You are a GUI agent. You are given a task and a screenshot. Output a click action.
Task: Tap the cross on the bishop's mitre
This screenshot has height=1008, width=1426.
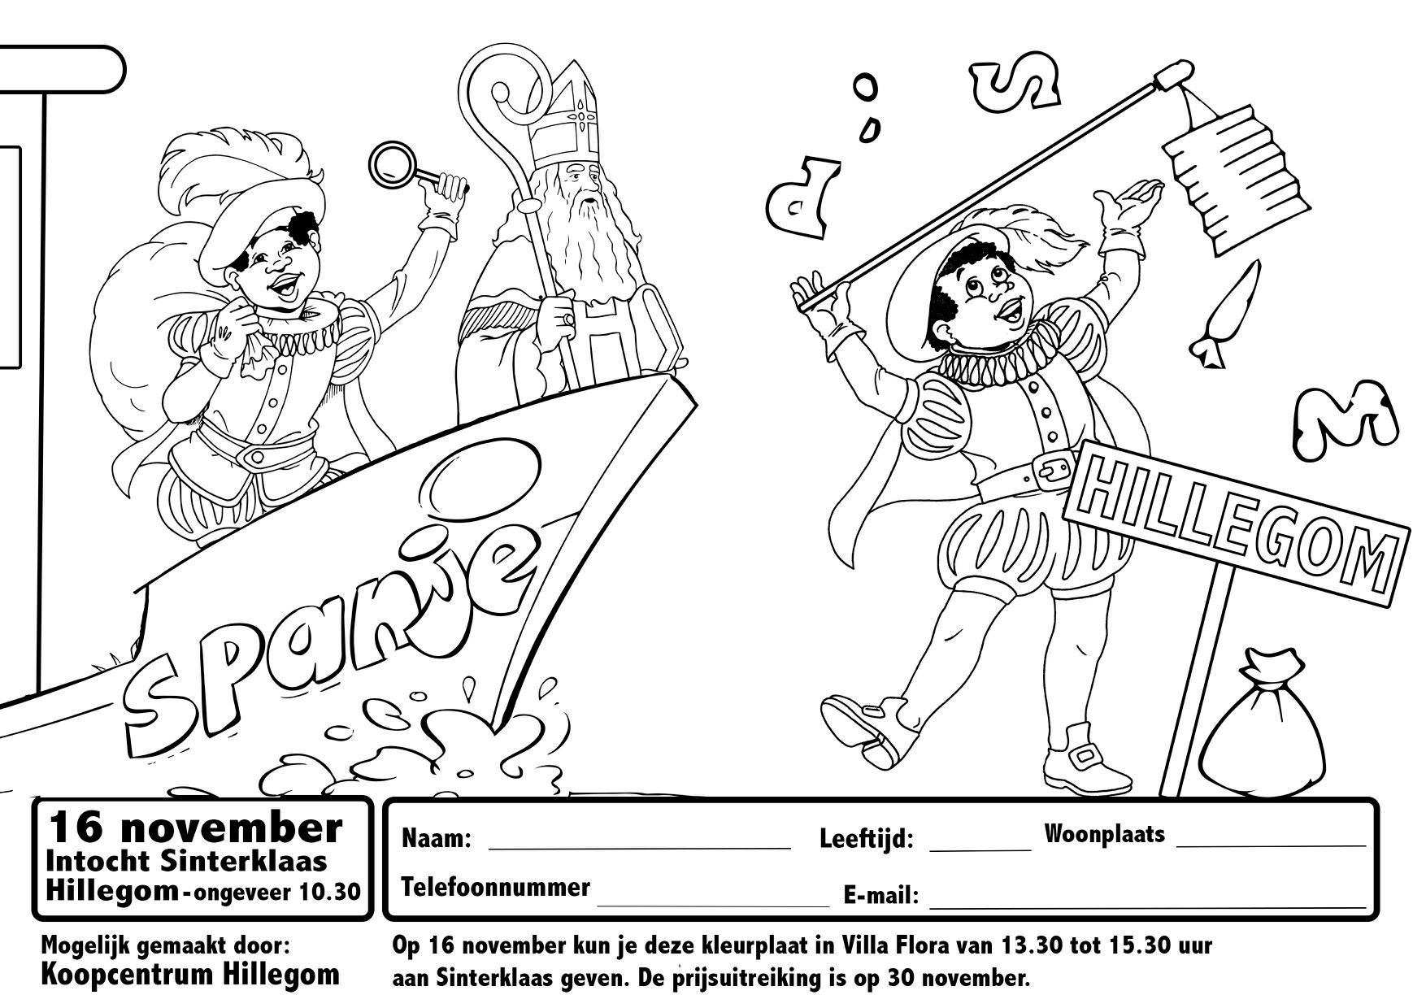click(582, 115)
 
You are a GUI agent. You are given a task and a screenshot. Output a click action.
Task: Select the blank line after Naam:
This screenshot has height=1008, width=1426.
click(639, 848)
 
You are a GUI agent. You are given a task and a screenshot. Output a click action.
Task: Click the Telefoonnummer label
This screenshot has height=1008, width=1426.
click(496, 887)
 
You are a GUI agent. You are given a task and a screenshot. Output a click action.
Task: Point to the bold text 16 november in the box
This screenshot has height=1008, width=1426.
click(196, 828)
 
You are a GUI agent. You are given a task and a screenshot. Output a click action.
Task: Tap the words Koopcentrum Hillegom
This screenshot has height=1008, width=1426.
click(190, 974)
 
